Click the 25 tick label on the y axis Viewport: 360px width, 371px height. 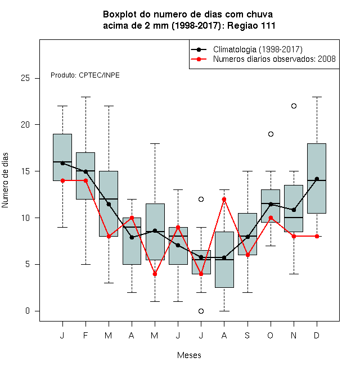pyautogui.click(x=25, y=78)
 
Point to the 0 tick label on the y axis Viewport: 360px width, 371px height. pyautogui.click(x=28, y=311)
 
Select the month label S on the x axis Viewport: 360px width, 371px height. pyautogui.click(x=247, y=335)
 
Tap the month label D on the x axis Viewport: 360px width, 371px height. pyautogui.click(x=317, y=335)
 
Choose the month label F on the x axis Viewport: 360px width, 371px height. pyautogui.click(x=85, y=335)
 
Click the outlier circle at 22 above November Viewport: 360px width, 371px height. pyautogui.click(x=294, y=106)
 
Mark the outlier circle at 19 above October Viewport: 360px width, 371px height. pyautogui.click(x=271, y=134)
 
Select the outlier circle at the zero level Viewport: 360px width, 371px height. pyautogui.click(x=201, y=311)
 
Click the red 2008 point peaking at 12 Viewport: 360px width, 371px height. pyautogui.click(x=224, y=199)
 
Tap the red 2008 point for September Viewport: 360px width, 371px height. pyautogui.click(x=247, y=255)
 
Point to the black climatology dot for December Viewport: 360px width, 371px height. pyautogui.click(x=317, y=179)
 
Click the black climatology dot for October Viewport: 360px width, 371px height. pyautogui.click(x=271, y=204)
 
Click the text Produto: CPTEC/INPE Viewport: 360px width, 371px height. pyautogui.click(x=85, y=75)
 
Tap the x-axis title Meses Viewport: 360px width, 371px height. pyautogui.click(x=189, y=355)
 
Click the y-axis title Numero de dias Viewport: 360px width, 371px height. pyautogui.click(x=5, y=180)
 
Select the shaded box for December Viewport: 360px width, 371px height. pyautogui.click(x=317, y=178)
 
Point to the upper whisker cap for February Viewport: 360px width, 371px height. pyautogui.click(x=85, y=97)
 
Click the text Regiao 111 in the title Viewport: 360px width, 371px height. pyautogui.click(x=251, y=25)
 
